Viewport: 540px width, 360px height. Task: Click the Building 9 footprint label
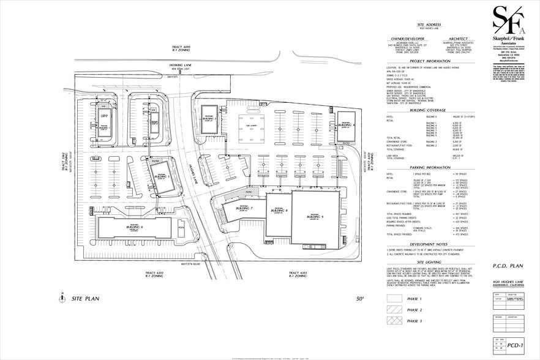tap(314, 217)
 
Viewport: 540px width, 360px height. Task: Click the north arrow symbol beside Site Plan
tap(62, 299)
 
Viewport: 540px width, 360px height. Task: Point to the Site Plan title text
tap(86, 300)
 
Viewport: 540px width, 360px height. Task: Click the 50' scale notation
tap(360, 299)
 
